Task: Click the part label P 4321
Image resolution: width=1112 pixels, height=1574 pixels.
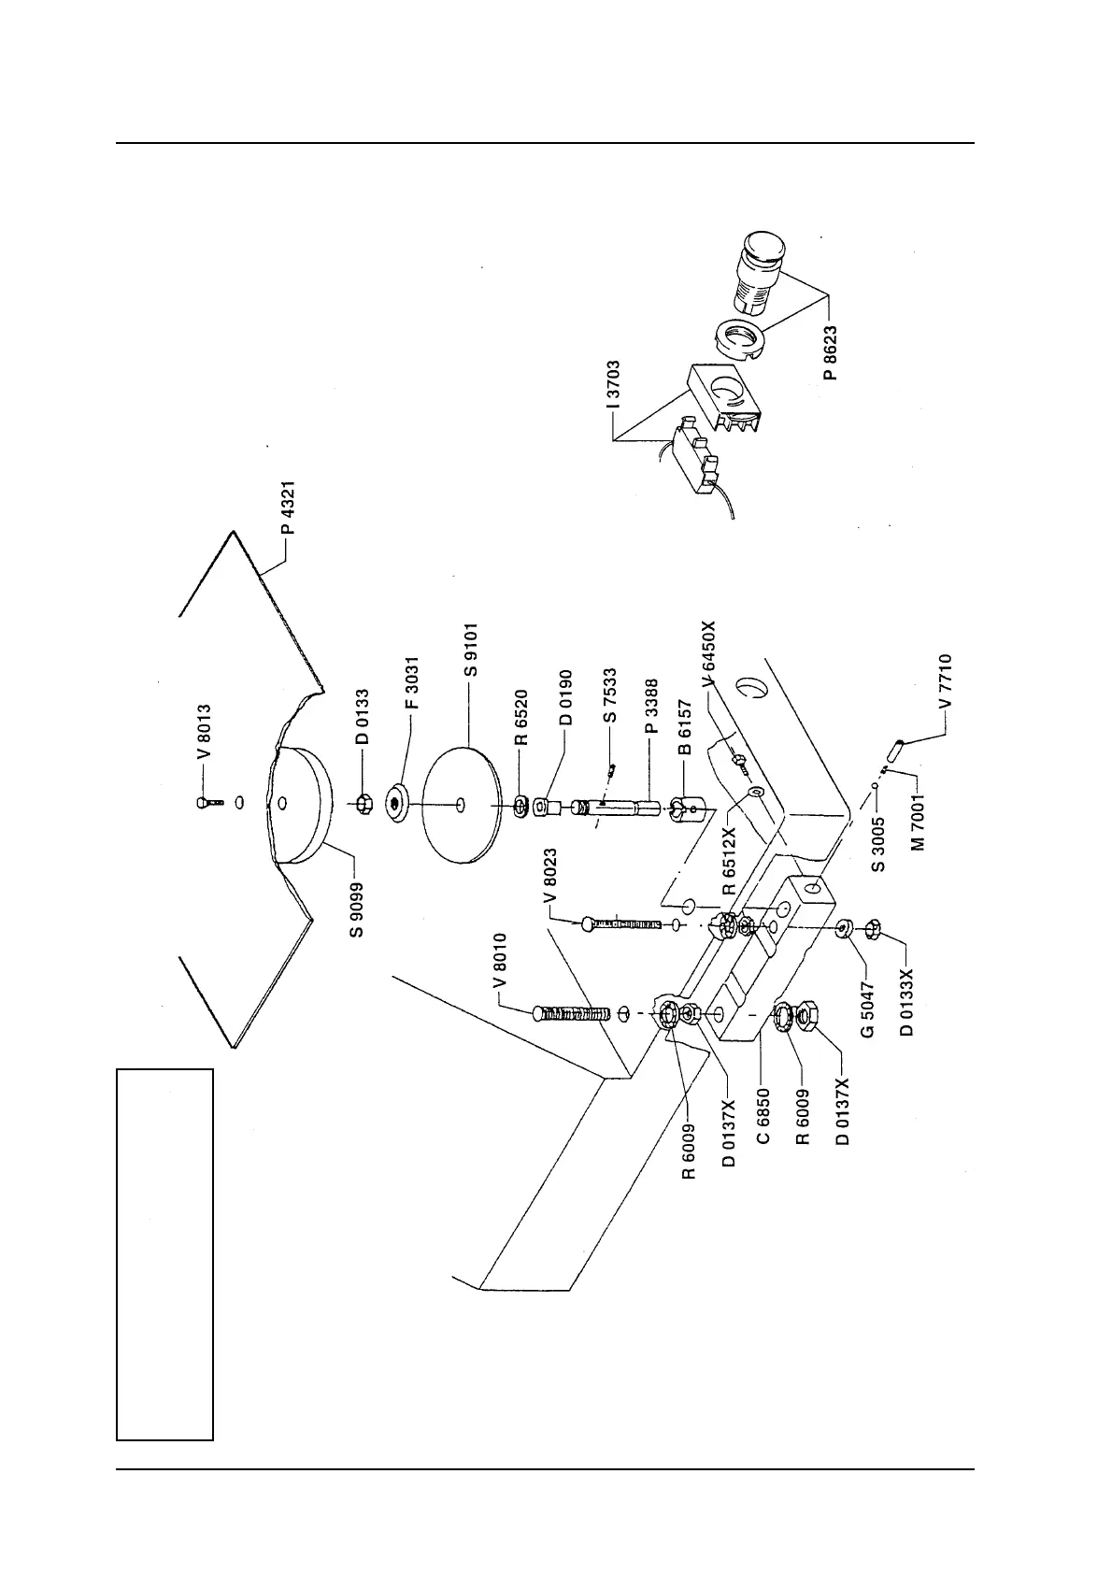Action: tap(289, 508)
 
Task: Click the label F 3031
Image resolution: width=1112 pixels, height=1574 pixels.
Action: tap(412, 683)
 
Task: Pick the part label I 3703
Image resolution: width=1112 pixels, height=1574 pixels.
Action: tap(612, 385)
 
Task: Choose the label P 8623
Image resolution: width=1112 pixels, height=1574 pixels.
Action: tap(831, 352)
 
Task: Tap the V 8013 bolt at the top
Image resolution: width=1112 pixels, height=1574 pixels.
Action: tap(208, 803)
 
